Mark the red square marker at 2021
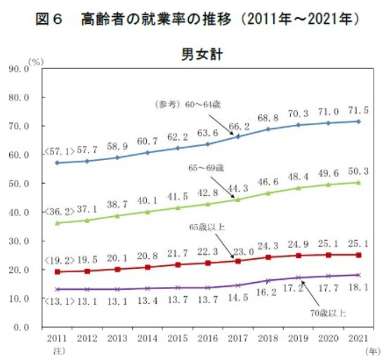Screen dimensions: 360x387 [x=358, y=255]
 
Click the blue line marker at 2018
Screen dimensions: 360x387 [x=268, y=129]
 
